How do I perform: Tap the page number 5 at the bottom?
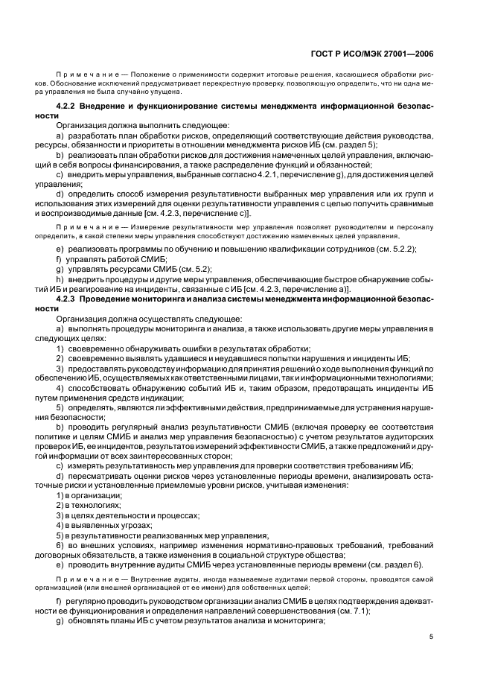tap(431, 636)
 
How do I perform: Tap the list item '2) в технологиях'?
tap(89, 505)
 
